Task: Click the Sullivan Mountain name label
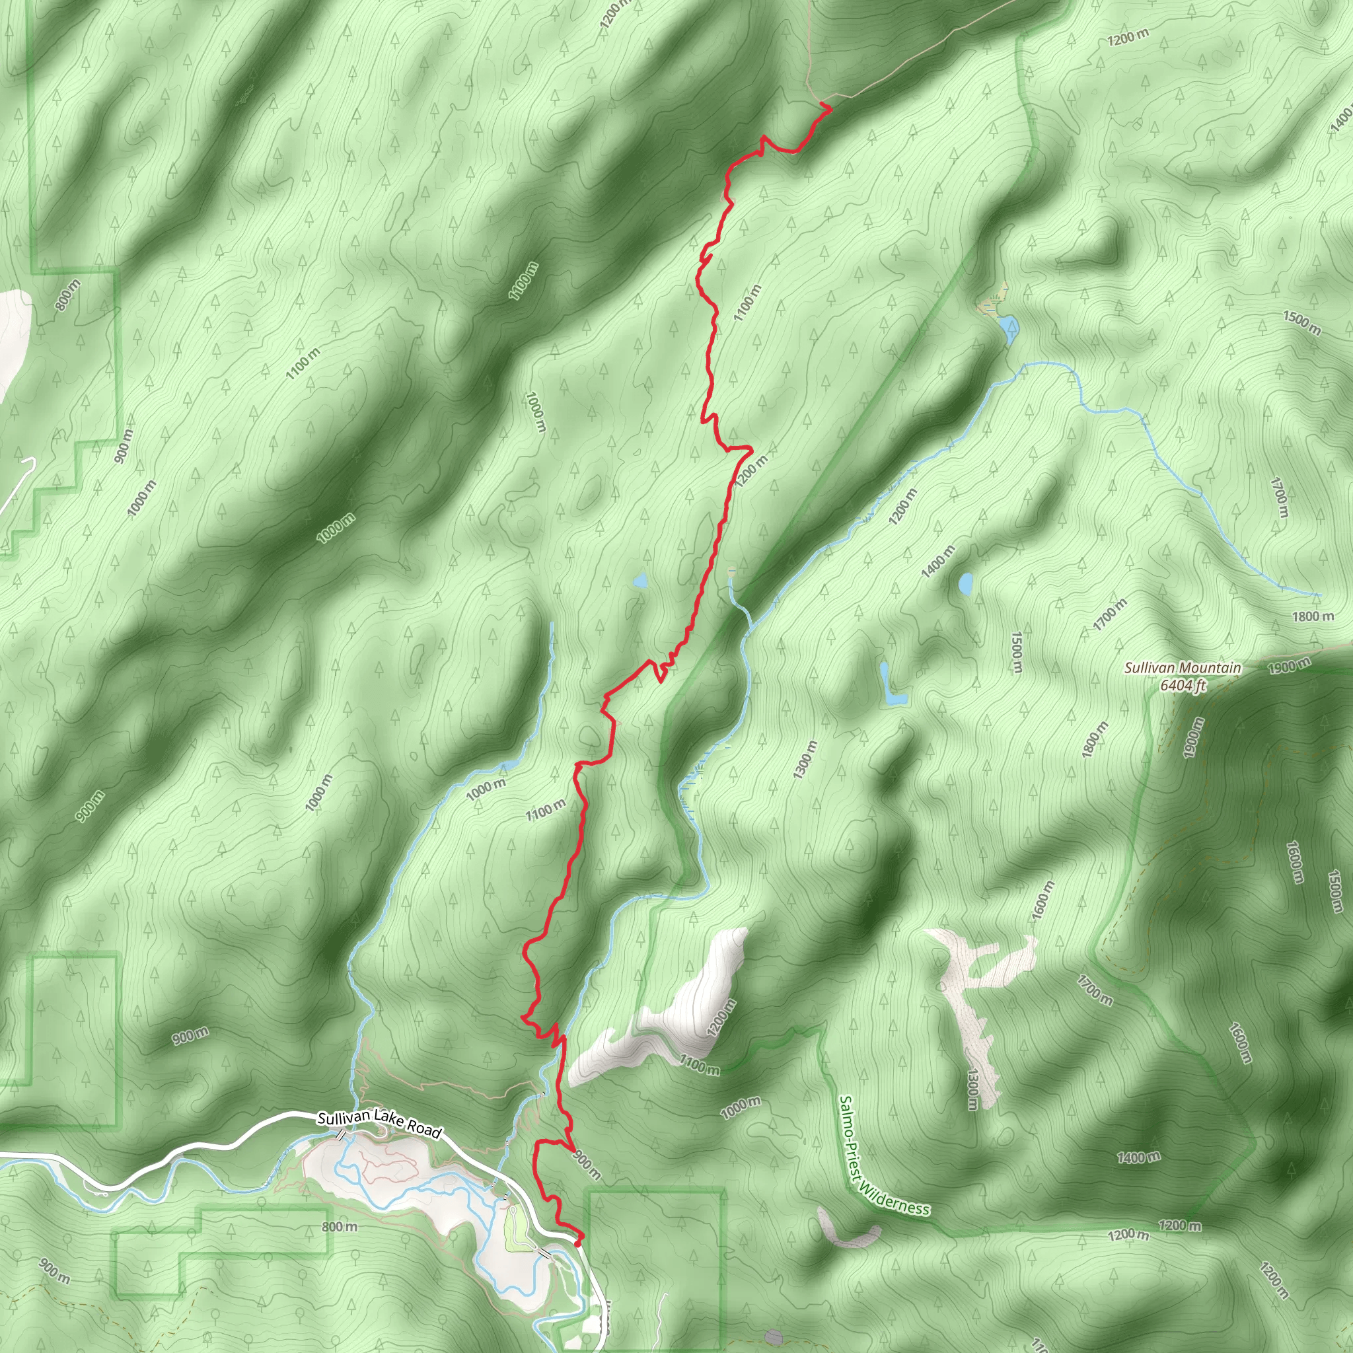pyautogui.click(x=1182, y=668)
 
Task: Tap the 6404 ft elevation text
pyautogui.click(x=1183, y=685)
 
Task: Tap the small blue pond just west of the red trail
pyautogui.click(x=640, y=581)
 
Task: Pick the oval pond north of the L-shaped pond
pyautogui.click(x=967, y=583)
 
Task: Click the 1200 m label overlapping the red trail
pyautogui.click(x=752, y=469)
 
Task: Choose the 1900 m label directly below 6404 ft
pyautogui.click(x=1192, y=736)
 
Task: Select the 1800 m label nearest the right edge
pyautogui.click(x=1313, y=616)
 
